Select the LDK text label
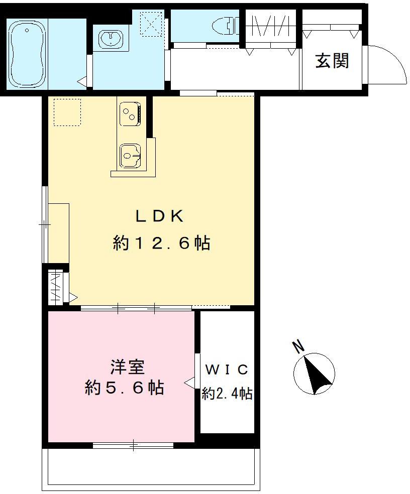point(159,216)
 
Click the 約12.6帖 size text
point(161,243)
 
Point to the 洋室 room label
point(128,367)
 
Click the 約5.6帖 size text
point(124,388)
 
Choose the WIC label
point(227,370)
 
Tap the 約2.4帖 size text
point(227,393)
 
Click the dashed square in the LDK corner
point(67,111)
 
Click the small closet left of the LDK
point(56,287)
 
